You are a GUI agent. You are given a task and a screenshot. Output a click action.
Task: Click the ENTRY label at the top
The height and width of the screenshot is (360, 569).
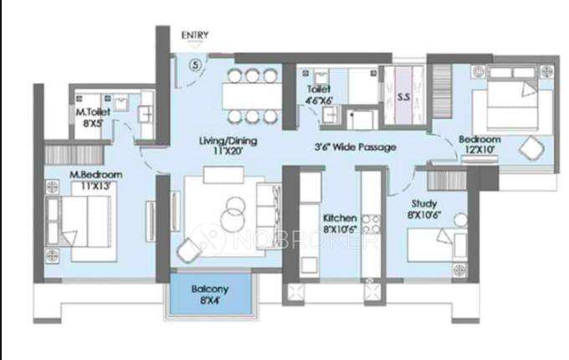[x=195, y=35]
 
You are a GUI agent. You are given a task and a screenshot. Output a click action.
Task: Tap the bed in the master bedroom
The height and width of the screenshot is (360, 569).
[x=84, y=221]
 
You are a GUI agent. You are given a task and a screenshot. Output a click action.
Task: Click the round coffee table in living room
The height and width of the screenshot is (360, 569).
[x=233, y=216]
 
